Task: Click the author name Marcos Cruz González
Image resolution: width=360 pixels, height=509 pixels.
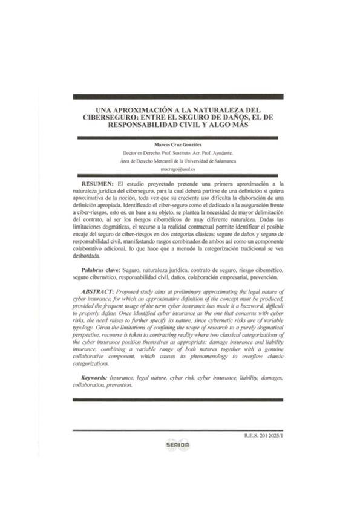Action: point(179,145)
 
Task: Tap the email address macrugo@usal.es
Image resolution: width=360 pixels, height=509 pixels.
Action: point(179,170)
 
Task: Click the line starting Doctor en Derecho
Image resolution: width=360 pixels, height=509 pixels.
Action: point(179,154)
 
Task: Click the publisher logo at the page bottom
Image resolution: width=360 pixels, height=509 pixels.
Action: point(178,445)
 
